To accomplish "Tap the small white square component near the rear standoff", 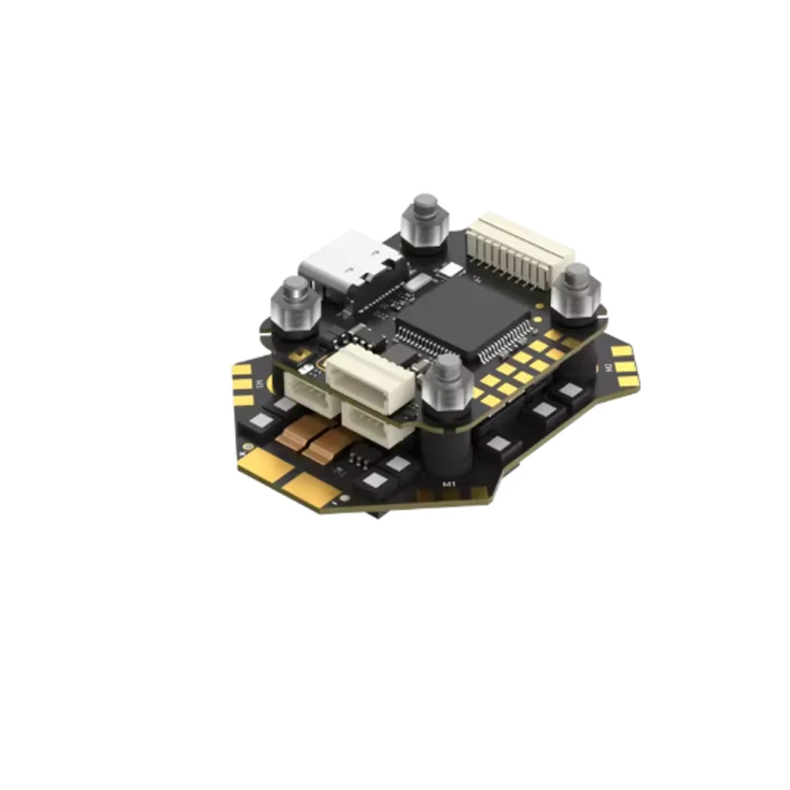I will coord(452,269).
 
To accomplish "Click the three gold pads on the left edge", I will coord(242,381).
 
